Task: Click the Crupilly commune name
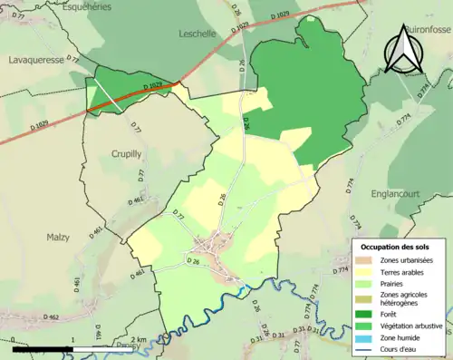click(127, 154)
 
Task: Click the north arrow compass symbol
click(401, 49)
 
